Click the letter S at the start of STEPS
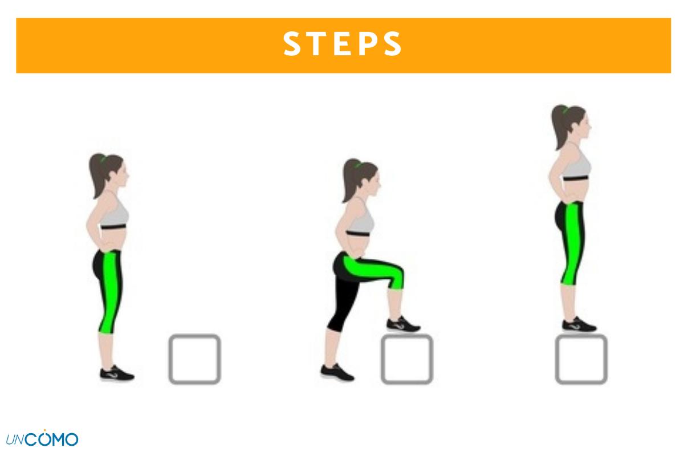coord(292,44)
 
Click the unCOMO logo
coord(42,438)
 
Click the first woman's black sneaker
coord(117,373)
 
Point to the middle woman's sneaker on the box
coord(403,325)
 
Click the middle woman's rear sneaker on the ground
coord(337,372)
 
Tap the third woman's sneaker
coord(579,324)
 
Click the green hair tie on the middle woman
coord(357,165)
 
